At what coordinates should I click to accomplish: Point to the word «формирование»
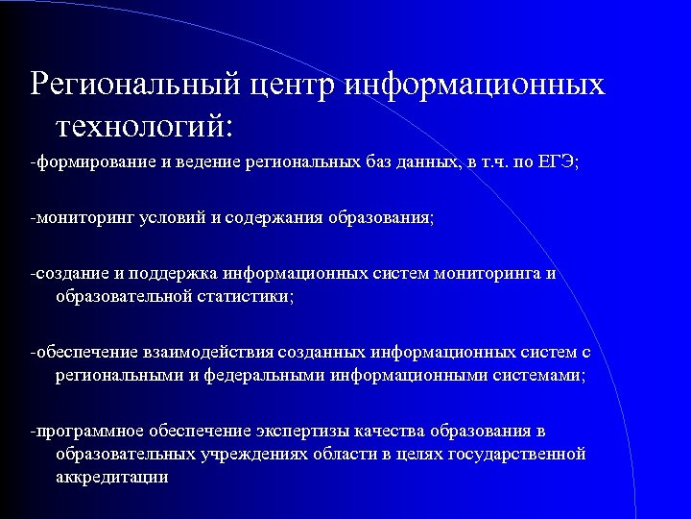coord(83,161)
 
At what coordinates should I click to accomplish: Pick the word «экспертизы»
coord(301,431)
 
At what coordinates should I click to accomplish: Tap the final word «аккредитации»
coord(112,476)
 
